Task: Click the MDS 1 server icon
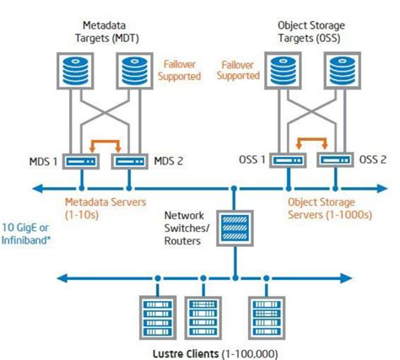[x=82, y=159]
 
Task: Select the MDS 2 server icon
[x=127, y=159]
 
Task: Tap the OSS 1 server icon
[x=287, y=159]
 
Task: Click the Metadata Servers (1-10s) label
[x=105, y=207]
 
